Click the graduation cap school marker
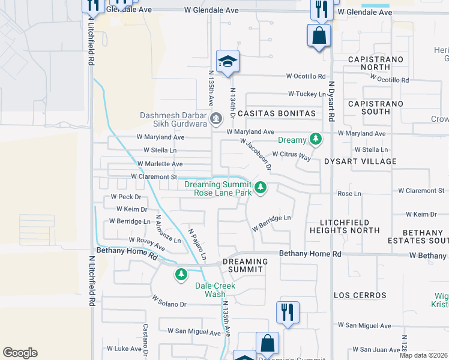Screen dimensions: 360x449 coord(228,62)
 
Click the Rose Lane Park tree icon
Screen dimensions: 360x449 coord(261,188)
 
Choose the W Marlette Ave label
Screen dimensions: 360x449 coord(160,164)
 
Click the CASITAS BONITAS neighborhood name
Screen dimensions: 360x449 coord(276,113)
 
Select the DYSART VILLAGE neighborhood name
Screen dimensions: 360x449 coord(360,161)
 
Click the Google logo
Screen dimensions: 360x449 coord(20,353)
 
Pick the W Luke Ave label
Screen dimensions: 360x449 coord(124,349)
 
